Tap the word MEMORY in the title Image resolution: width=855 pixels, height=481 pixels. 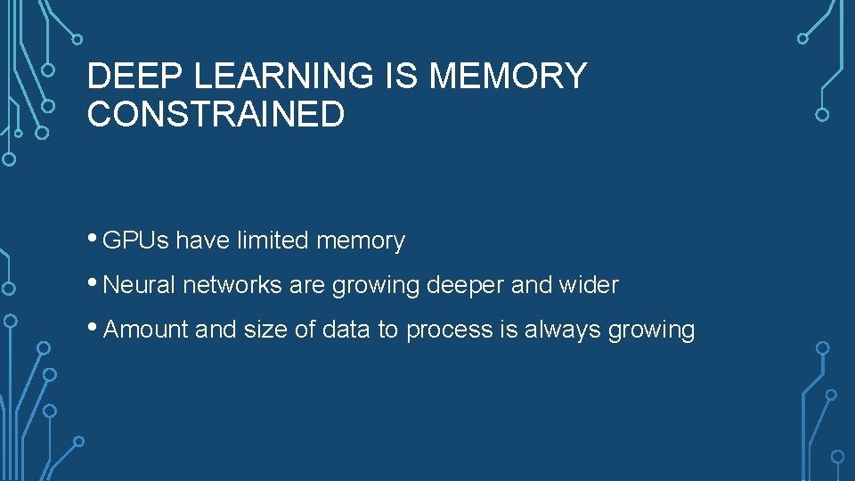tap(508, 77)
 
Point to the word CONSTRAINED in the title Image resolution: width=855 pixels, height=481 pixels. tap(216, 115)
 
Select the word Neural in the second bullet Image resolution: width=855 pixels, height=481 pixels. tap(141, 285)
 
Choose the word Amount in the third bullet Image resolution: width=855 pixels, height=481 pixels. tap(147, 330)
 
